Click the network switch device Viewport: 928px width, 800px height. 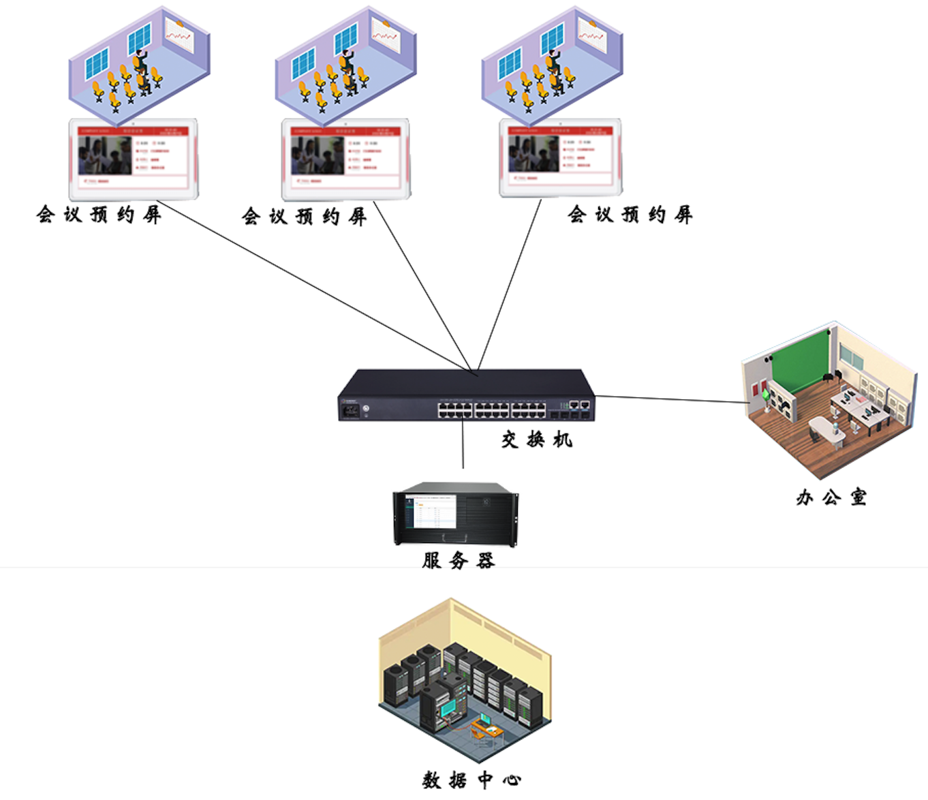[x=466, y=396]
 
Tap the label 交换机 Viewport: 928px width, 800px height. [x=536, y=440]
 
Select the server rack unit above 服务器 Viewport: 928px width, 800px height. [x=455, y=514]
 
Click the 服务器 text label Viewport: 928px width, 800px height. [x=458, y=560]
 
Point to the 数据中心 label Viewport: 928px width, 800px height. [x=471, y=780]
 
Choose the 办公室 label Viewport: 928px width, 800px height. [x=831, y=497]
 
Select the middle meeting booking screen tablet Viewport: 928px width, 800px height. [x=346, y=159]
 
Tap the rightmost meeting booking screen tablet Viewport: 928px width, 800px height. [x=560, y=158]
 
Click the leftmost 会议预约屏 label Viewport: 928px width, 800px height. [x=99, y=215]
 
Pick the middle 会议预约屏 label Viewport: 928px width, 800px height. [x=305, y=217]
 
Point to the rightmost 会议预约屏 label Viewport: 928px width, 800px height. [x=630, y=215]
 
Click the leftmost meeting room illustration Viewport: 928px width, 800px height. [x=139, y=65]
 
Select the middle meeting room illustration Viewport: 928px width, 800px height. [x=345, y=65]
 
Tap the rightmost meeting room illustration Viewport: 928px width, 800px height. [x=552, y=65]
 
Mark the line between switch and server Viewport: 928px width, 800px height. [x=463, y=443]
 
